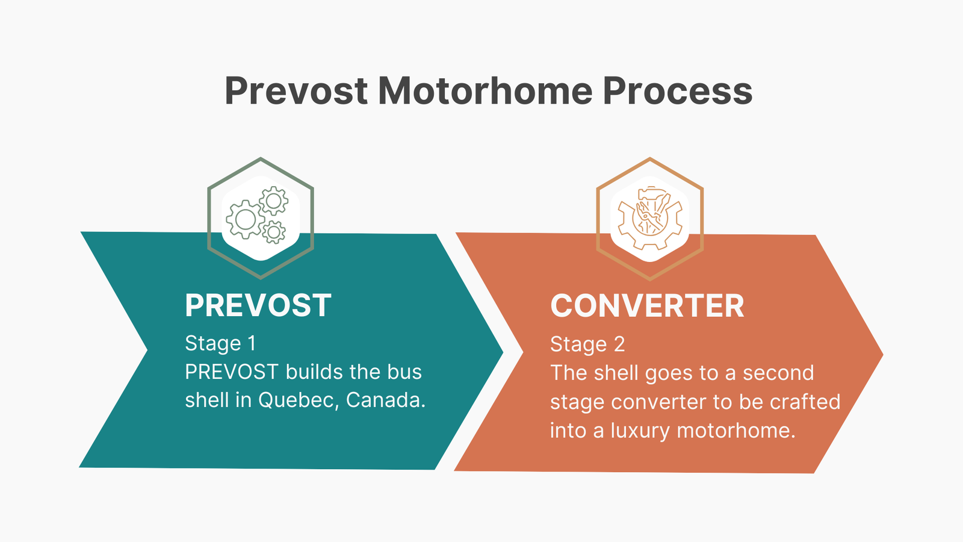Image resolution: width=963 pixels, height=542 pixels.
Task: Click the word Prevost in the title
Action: (x=296, y=92)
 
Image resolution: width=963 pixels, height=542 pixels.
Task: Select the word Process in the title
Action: (x=677, y=92)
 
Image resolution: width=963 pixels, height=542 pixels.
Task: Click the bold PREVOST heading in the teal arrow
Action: (x=258, y=306)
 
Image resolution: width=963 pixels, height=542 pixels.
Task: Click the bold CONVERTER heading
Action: (x=647, y=306)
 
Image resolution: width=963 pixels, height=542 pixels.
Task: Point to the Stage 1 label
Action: (x=220, y=343)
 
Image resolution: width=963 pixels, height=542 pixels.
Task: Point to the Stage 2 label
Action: (x=587, y=344)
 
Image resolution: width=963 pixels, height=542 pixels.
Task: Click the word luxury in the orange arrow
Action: (x=640, y=431)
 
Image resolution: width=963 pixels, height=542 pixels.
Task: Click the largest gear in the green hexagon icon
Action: (x=245, y=220)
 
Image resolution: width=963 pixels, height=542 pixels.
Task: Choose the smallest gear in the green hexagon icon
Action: (x=274, y=231)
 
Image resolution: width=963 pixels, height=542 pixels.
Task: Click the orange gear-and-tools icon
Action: (x=650, y=218)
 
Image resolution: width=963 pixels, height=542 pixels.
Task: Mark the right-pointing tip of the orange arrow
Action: (x=881, y=355)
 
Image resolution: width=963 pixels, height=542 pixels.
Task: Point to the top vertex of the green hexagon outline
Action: (x=261, y=159)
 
